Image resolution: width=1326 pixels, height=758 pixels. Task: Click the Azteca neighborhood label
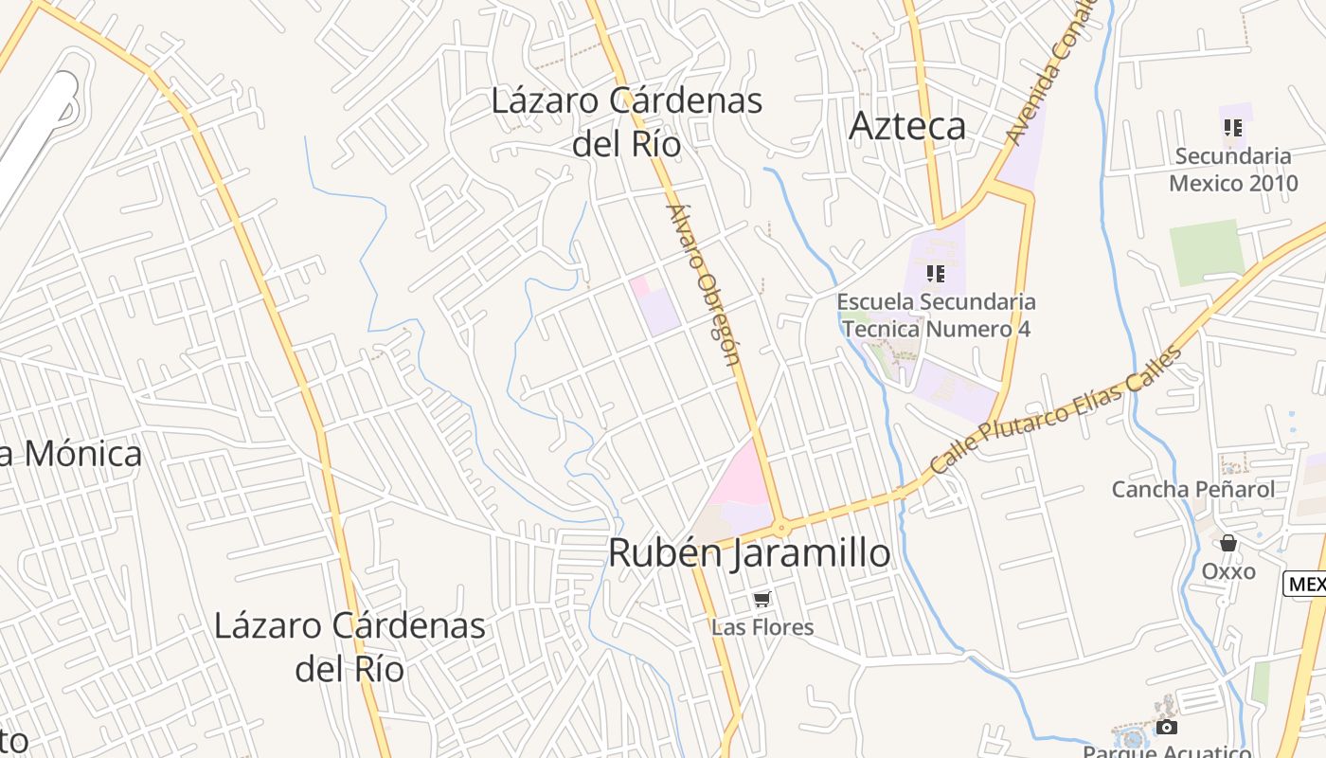pyautogui.click(x=907, y=126)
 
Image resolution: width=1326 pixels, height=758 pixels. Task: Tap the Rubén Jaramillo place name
pyautogui.click(x=749, y=553)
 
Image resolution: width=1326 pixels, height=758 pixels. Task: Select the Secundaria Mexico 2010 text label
pyautogui.click(x=1232, y=169)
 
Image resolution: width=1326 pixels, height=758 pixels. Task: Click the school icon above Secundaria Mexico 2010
pyautogui.click(x=1232, y=127)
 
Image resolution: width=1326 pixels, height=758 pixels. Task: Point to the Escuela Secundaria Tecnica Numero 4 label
pyautogui.click(x=936, y=316)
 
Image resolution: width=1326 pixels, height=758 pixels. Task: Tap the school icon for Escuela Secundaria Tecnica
pyautogui.click(x=936, y=274)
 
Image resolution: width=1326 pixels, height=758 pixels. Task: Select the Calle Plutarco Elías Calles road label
pyautogui.click(x=1056, y=410)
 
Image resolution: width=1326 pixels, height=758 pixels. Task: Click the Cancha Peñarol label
pyautogui.click(x=1192, y=490)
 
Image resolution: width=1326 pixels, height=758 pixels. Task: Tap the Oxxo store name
pyautogui.click(x=1228, y=571)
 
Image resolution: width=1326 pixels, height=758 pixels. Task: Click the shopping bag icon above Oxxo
pyautogui.click(x=1228, y=543)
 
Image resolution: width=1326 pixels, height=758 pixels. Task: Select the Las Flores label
pyautogui.click(x=762, y=627)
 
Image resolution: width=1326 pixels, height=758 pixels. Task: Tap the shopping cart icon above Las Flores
pyautogui.click(x=762, y=599)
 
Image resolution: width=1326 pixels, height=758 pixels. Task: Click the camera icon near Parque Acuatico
pyautogui.click(x=1167, y=727)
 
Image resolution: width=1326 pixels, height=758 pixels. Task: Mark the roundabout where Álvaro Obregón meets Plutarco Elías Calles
pyautogui.click(x=781, y=527)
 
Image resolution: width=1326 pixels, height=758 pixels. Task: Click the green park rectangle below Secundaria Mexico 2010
pyautogui.click(x=1206, y=252)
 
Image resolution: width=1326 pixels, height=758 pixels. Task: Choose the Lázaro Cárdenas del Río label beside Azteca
pyautogui.click(x=627, y=121)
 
